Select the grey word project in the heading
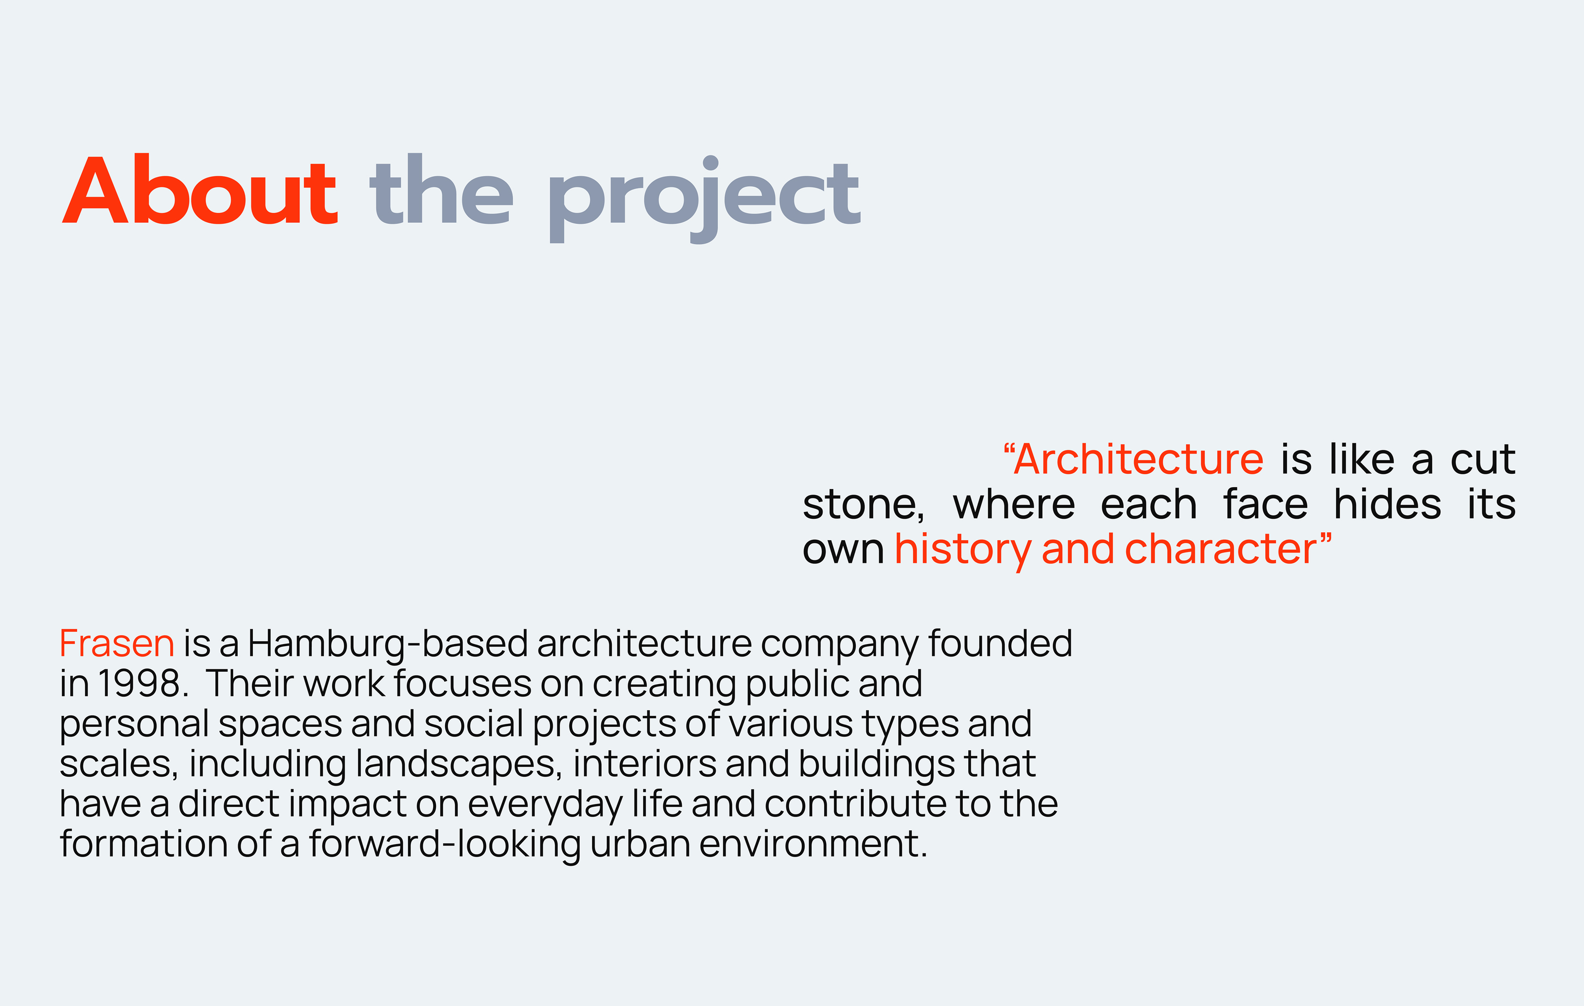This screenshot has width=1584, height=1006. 704,199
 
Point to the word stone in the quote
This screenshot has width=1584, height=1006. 863,505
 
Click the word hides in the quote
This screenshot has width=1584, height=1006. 1387,504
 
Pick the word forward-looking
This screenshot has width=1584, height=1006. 445,845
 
